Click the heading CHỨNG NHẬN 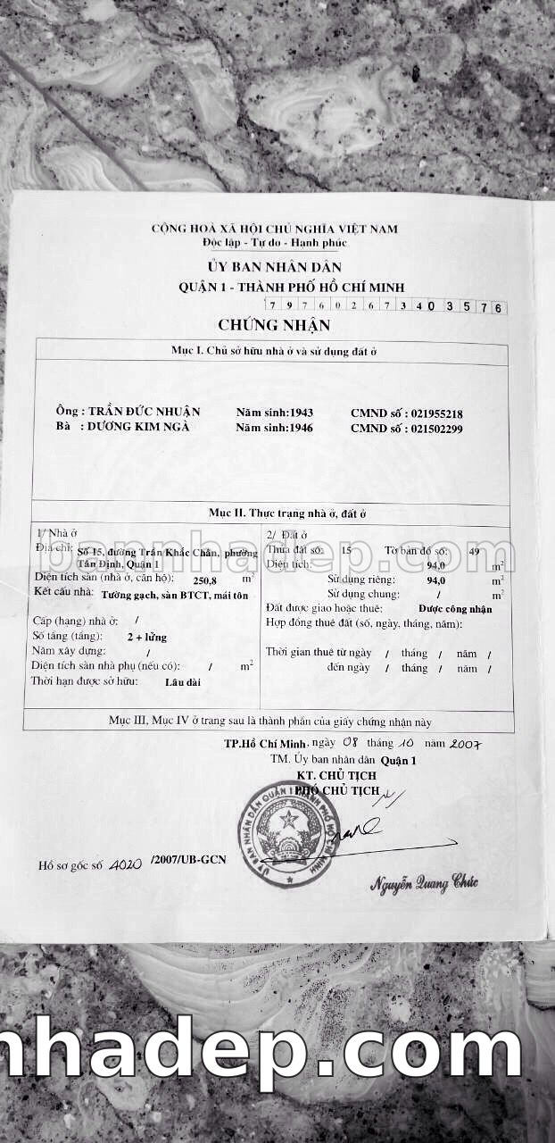274,325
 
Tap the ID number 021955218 436,413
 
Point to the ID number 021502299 436,428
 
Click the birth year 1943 298,413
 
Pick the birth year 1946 298,428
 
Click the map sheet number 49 475,551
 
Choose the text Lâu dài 182,681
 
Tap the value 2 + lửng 147,637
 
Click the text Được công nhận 455,608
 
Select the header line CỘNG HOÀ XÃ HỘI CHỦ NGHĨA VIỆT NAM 274,229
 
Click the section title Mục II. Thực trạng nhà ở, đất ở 287,513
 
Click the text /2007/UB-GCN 189,859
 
